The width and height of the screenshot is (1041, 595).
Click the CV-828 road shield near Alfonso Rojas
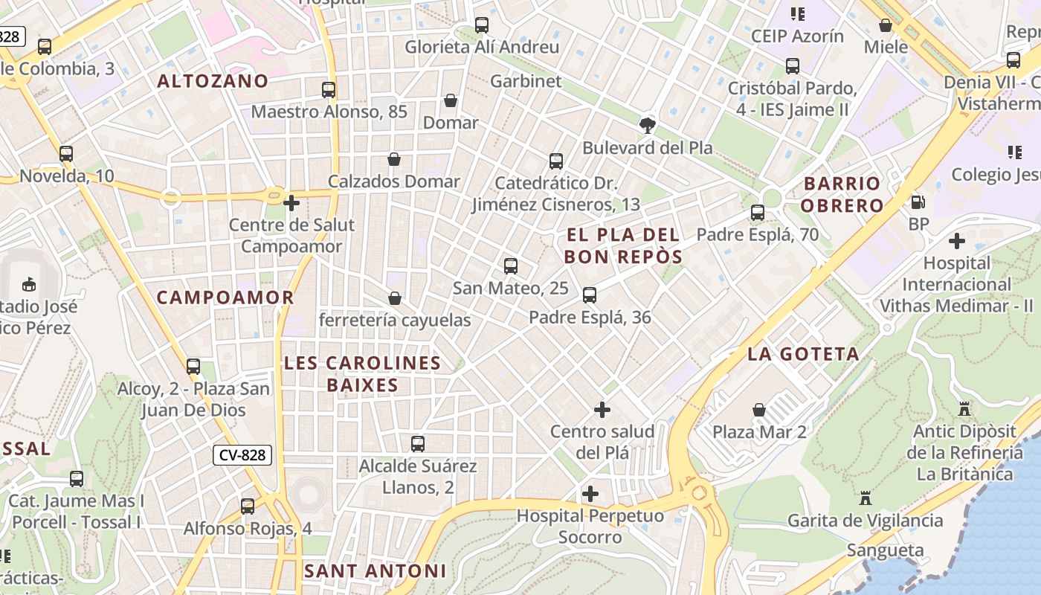[x=242, y=455]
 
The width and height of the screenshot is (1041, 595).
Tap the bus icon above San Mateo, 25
[x=510, y=266]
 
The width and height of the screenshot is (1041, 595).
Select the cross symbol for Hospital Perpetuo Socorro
[x=590, y=494]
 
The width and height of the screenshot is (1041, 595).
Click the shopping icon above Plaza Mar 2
[x=758, y=410]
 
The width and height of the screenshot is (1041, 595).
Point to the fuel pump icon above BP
[x=918, y=202]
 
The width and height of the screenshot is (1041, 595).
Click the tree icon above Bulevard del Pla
[x=648, y=126]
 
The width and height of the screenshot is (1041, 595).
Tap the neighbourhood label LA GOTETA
[x=803, y=354]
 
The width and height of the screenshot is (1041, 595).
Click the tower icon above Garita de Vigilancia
[x=865, y=498]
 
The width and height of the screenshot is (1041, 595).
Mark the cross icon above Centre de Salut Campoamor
[x=291, y=202]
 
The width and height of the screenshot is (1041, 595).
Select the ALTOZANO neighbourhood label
[x=213, y=81]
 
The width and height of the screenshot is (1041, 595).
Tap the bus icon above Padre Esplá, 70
[x=757, y=213]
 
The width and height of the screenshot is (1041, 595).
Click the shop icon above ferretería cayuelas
[x=395, y=298]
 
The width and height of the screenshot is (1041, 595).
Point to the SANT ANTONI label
[x=375, y=571]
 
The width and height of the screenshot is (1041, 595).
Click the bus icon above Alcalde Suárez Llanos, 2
[x=418, y=444]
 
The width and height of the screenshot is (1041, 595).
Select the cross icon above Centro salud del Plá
[x=602, y=410]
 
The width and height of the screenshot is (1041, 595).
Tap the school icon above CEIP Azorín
[x=798, y=13]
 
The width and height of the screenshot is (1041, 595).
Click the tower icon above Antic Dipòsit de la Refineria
[x=964, y=409]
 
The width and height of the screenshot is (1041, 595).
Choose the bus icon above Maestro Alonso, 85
[x=329, y=90]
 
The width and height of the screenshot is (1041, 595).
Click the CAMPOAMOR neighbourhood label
[x=225, y=297]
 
